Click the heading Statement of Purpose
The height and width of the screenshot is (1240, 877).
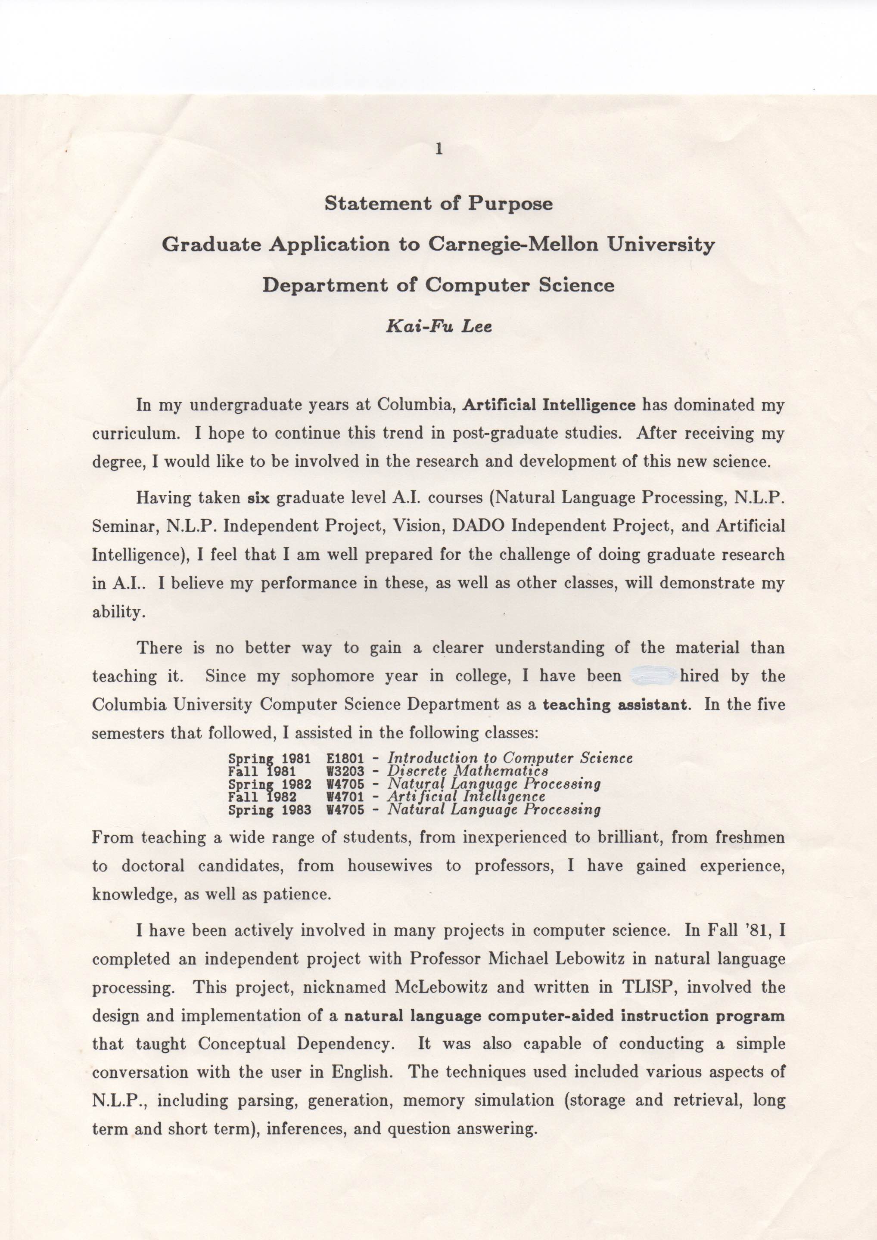(x=438, y=204)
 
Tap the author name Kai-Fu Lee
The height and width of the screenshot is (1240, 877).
(x=438, y=327)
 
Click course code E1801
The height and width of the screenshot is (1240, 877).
(x=345, y=758)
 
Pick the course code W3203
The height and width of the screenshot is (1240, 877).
(x=345, y=771)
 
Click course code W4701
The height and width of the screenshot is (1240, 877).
(x=345, y=797)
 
